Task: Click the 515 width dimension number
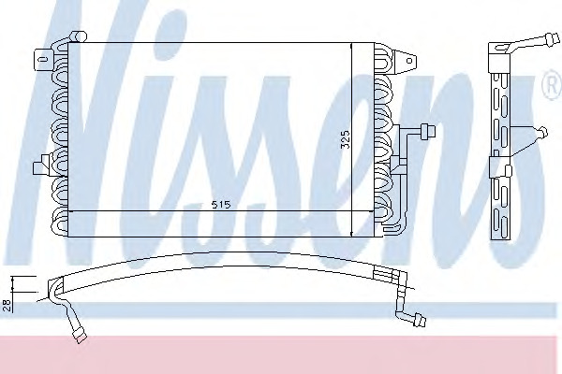[220, 205]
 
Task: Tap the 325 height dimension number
[345, 139]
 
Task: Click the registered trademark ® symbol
[553, 85]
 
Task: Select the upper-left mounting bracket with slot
[43, 58]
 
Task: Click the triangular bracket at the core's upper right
[405, 61]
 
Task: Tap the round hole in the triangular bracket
[409, 61]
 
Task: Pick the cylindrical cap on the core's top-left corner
[79, 36]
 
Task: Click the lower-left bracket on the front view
[42, 165]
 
